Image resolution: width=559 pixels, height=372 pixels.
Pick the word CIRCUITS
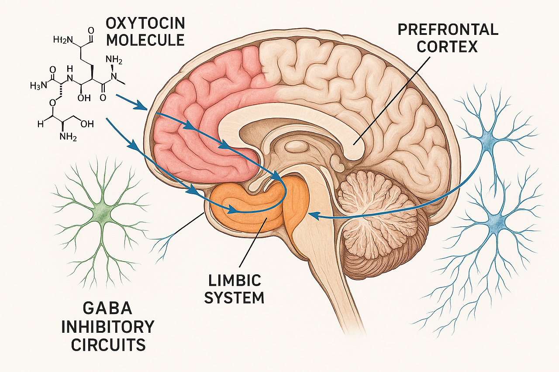click(108, 345)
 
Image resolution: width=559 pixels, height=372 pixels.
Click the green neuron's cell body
click(102, 212)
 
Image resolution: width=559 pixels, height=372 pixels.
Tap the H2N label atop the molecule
click(61, 40)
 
